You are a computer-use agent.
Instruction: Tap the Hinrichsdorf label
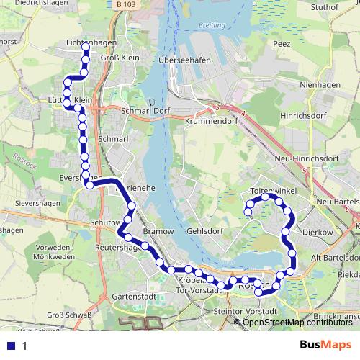(x=305, y=114)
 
